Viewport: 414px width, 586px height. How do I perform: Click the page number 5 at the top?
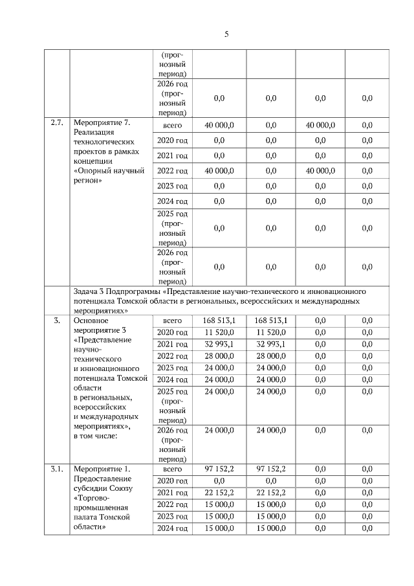[x=226, y=34]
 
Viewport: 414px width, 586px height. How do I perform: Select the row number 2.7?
[x=56, y=122]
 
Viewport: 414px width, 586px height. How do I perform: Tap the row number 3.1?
[x=56, y=469]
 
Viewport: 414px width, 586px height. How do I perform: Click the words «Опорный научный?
[x=109, y=170]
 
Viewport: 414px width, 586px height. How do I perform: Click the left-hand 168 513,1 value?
[x=219, y=321]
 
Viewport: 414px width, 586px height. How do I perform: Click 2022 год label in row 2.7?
[x=172, y=171]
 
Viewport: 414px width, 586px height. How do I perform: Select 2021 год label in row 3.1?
[x=172, y=493]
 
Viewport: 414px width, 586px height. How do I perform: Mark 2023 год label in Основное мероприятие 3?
[x=172, y=368]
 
